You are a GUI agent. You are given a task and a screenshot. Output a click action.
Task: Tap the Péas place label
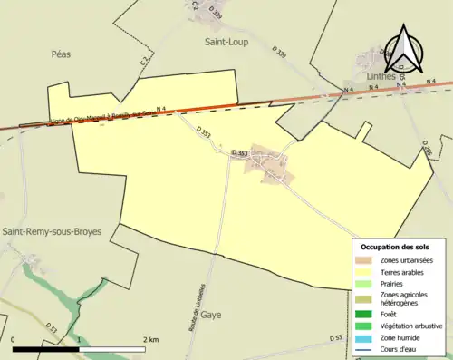click(62, 54)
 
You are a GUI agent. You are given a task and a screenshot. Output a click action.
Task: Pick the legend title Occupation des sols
click(395, 247)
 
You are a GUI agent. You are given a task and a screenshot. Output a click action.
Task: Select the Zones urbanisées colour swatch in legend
click(364, 260)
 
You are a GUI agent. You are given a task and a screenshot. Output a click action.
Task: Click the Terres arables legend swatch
click(364, 271)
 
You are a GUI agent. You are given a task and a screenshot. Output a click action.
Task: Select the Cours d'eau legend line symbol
click(364, 347)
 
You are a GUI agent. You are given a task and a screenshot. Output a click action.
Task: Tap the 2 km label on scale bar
click(152, 340)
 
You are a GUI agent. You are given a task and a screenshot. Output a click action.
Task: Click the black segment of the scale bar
click(46, 348)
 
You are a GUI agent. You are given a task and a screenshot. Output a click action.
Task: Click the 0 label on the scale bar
click(14, 340)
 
